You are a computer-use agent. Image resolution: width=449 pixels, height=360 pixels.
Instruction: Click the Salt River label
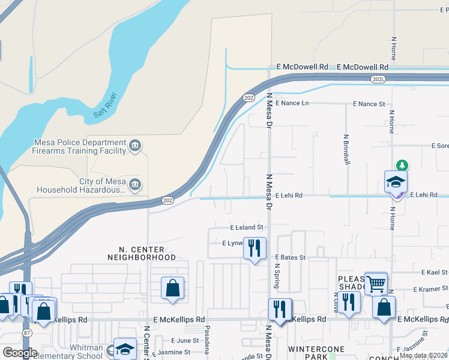[x=107, y=106]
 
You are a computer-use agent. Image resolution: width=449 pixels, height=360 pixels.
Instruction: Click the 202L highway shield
[x=378, y=79]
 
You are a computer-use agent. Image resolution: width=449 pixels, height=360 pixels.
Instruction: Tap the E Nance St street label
[x=369, y=104]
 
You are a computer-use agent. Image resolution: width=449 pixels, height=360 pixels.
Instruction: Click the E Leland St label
[x=247, y=227]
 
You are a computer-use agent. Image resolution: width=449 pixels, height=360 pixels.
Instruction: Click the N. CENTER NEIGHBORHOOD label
[x=142, y=253]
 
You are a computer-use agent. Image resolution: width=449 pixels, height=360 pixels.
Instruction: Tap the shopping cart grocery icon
[x=376, y=283]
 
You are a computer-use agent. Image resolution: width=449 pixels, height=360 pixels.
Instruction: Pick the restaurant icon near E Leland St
[x=255, y=248]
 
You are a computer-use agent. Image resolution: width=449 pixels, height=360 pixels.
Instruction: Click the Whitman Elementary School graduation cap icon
[x=125, y=349]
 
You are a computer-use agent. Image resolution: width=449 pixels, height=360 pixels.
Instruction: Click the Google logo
[x=19, y=353]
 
